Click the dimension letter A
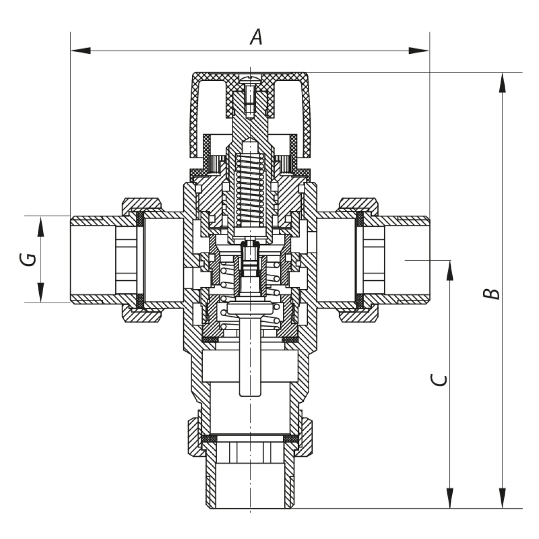point(256,37)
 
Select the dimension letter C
point(440,380)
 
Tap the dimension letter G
point(30,259)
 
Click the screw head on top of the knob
point(250,77)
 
